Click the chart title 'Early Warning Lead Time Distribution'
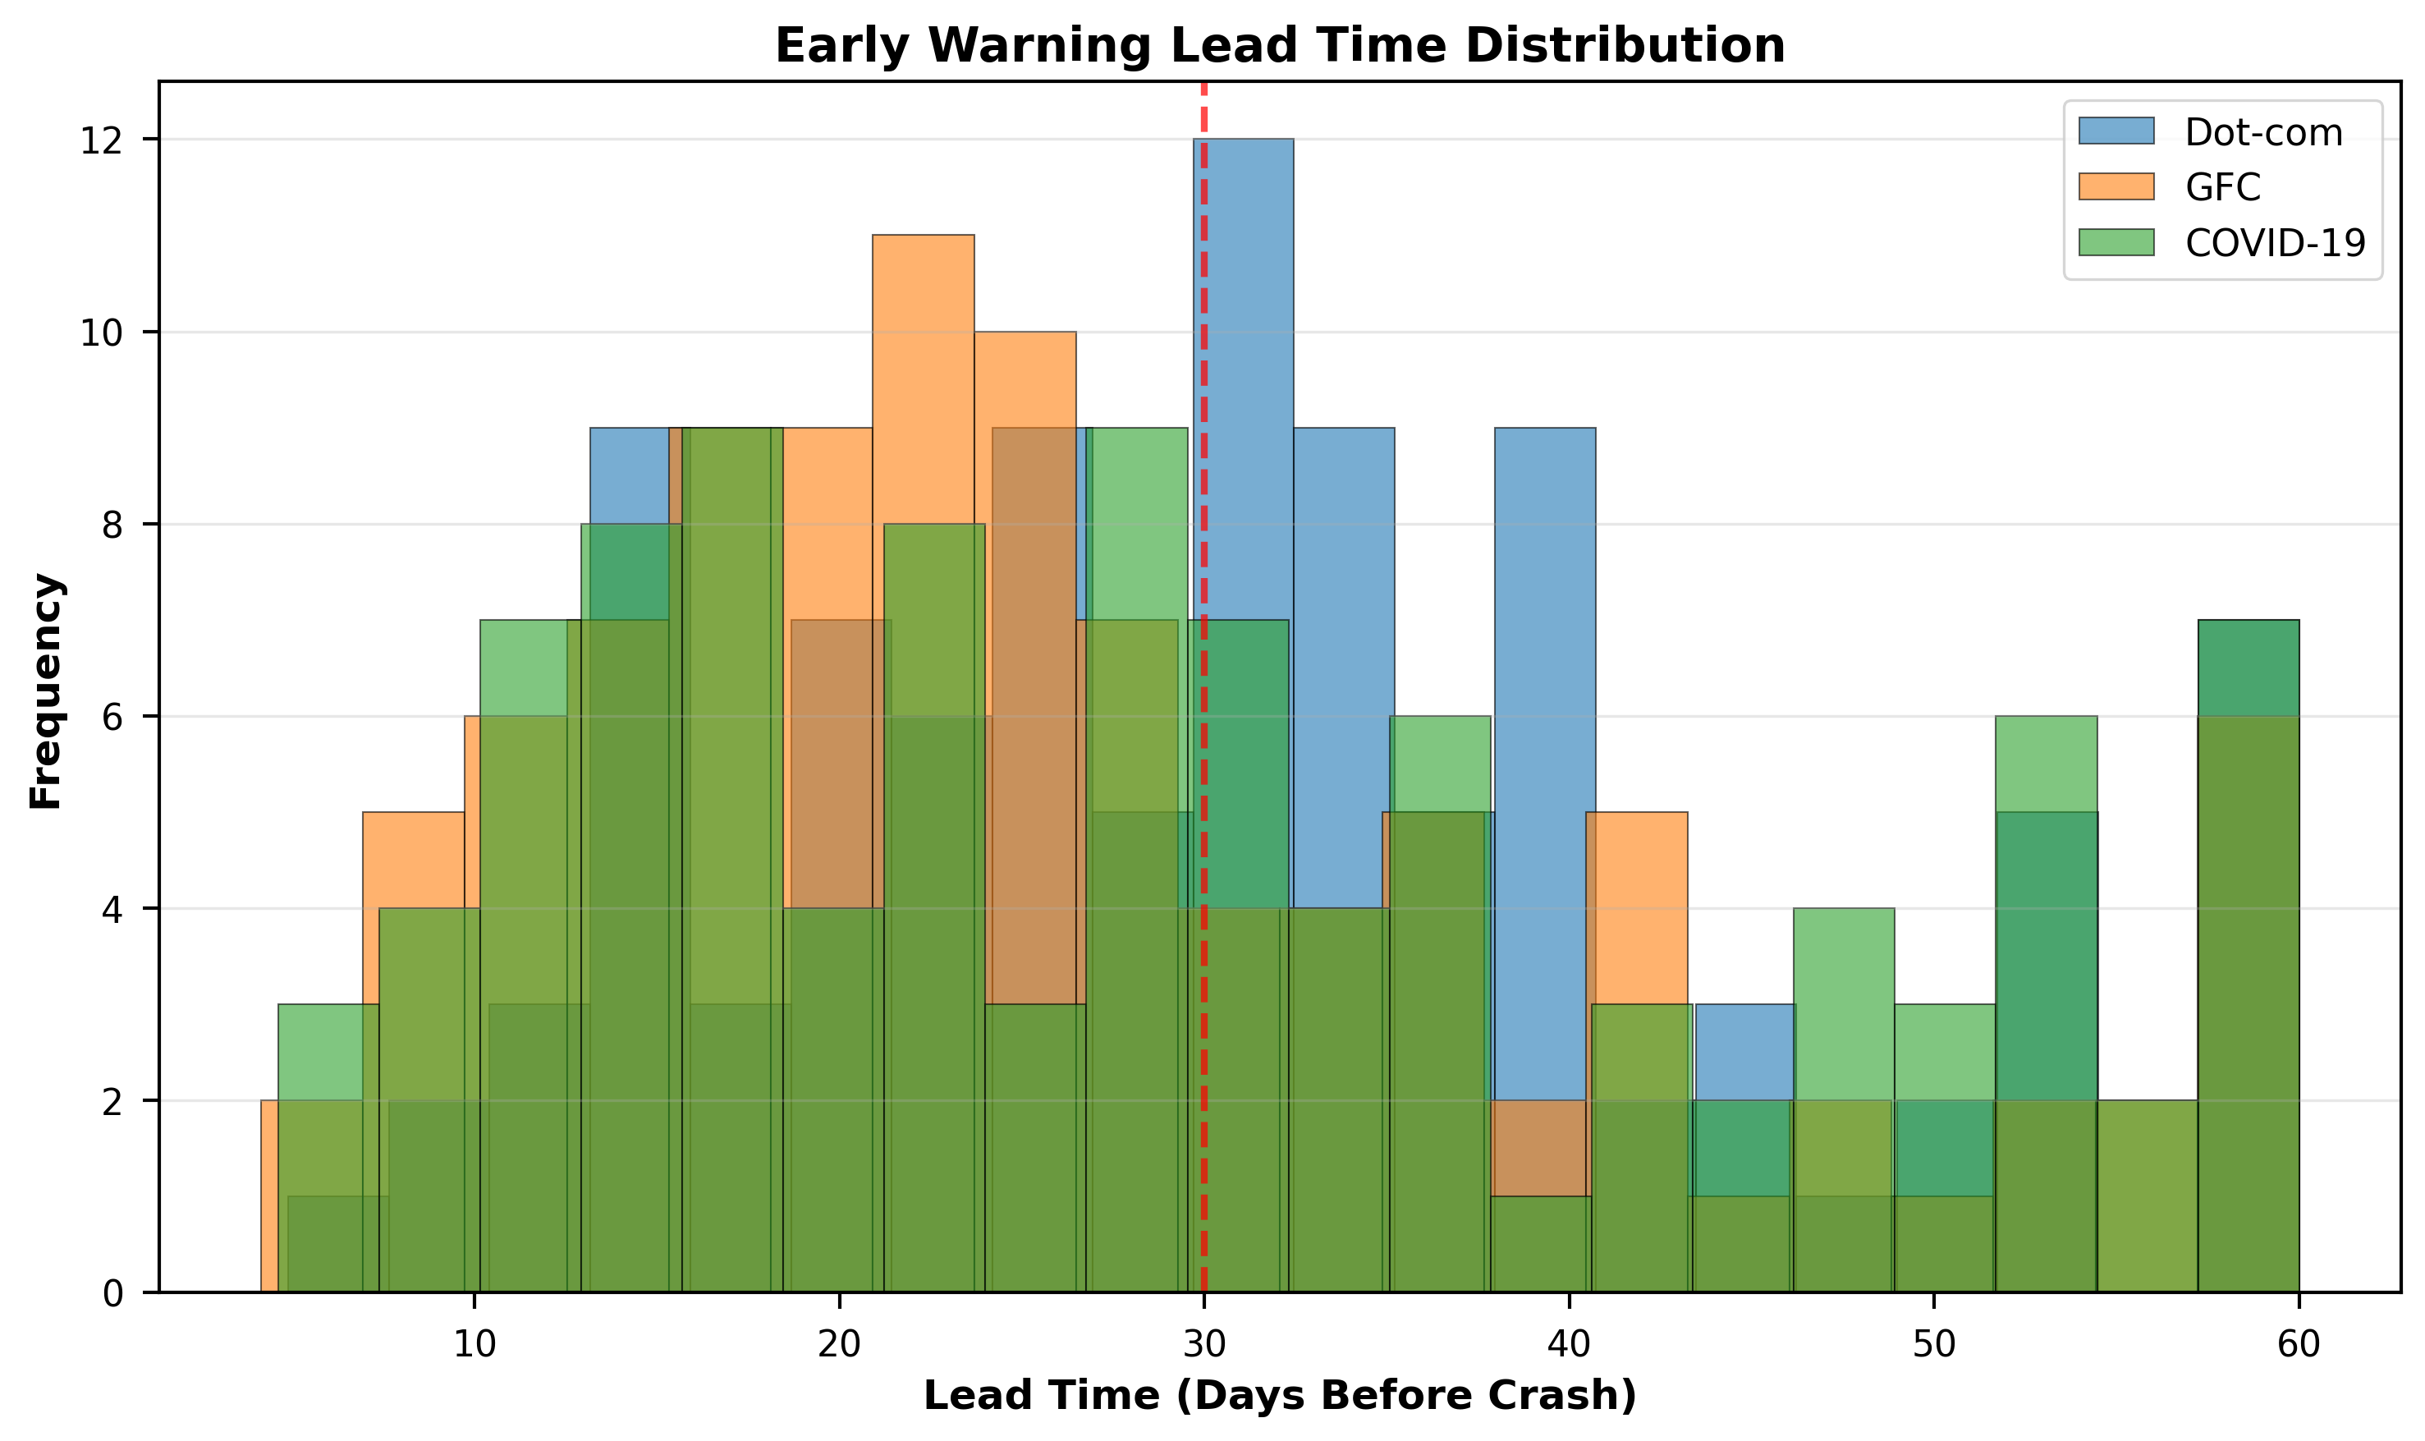point(1280,46)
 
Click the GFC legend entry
point(2222,186)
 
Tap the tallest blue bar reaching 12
point(1244,291)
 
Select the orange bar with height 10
point(1025,379)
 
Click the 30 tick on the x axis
point(1203,1344)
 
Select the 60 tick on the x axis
point(2298,1344)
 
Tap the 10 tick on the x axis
point(474,1344)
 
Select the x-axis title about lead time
point(1280,1397)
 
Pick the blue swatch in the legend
point(2116,132)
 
